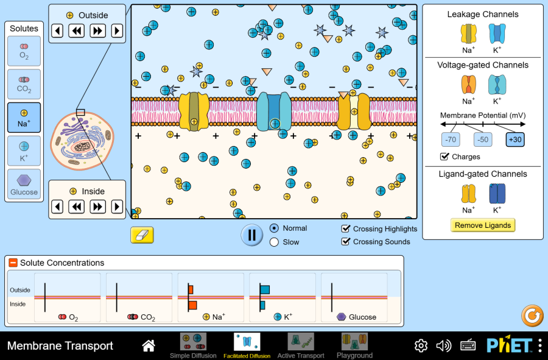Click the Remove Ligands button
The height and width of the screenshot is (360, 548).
tap(483, 225)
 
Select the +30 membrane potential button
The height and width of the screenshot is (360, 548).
tap(515, 139)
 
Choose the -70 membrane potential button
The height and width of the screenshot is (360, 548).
tap(451, 139)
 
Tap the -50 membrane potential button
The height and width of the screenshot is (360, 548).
tap(483, 139)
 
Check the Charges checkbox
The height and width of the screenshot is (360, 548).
tap(445, 157)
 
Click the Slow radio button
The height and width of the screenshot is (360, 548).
tap(274, 242)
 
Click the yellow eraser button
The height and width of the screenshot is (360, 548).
tap(142, 235)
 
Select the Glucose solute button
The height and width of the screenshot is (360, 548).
tap(24, 184)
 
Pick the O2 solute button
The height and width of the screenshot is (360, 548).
tap(24, 51)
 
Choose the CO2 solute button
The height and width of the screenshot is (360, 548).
tap(24, 84)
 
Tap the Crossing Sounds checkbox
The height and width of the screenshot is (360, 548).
tap(346, 242)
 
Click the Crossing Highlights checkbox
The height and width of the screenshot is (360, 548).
tap(346, 229)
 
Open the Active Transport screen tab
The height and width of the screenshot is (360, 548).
tap(301, 345)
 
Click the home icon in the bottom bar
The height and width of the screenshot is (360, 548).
tap(149, 346)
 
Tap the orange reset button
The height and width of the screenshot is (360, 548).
tap(532, 316)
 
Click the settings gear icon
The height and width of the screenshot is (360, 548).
tap(421, 346)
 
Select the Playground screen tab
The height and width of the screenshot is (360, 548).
tap(354, 345)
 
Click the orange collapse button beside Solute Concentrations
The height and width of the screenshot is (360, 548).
tap(13, 263)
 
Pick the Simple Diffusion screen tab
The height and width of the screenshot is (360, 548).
tap(193, 345)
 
